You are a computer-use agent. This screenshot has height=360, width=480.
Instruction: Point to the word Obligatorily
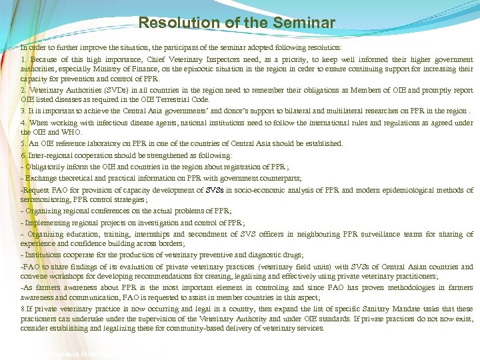click(46, 167)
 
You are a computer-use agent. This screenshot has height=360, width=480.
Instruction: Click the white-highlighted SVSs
click(215, 190)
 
